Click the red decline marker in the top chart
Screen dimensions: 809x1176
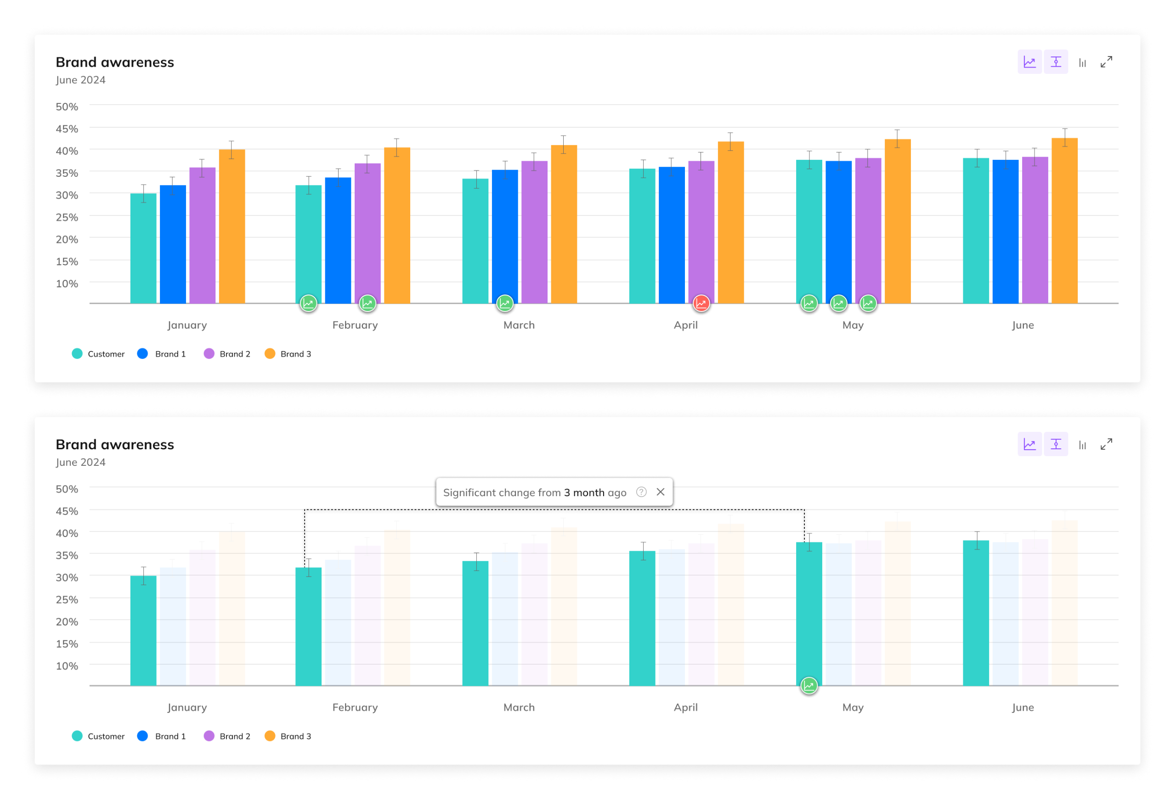(x=701, y=303)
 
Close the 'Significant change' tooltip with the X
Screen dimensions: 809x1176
(x=661, y=492)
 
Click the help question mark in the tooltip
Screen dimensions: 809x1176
(x=641, y=492)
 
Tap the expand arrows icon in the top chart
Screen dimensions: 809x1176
(x=1107, y=62)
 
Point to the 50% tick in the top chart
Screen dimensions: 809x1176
(x=67, y=107)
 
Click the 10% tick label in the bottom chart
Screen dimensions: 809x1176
(x=67, y=666)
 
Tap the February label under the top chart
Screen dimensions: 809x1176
(x=355, y=325)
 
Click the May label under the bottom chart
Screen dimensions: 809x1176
(x=853, y=707)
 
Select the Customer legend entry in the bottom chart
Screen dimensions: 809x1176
(x=98, y=736)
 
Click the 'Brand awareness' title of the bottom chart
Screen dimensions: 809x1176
(x=115, y=445)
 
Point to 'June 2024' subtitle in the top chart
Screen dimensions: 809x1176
(x=80, y=80)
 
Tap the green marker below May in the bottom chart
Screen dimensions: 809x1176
(x=809, y=685)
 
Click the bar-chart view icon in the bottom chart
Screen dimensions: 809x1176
(x=1082, y=445)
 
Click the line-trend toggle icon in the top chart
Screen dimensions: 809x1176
(x=1029, y=62)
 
